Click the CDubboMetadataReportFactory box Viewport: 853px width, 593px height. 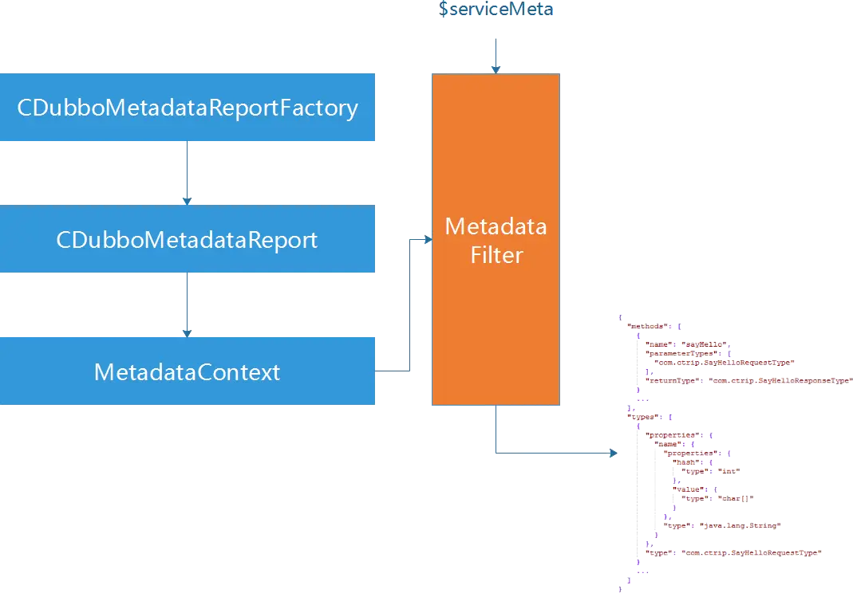coord(188,108)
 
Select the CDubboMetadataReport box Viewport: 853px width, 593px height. coord(188,239)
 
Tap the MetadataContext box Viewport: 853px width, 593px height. coord(188,371)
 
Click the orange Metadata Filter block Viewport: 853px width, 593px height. coord(496,319)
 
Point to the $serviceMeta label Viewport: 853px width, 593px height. coord(496,10)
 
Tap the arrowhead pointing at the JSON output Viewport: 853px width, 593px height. coord(613,454)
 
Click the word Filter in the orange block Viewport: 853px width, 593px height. coord(496,255)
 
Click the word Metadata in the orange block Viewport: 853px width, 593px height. coord(496,227)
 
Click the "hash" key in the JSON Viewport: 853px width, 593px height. coord(686,461)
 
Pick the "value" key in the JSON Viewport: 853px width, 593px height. coord(687,489)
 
